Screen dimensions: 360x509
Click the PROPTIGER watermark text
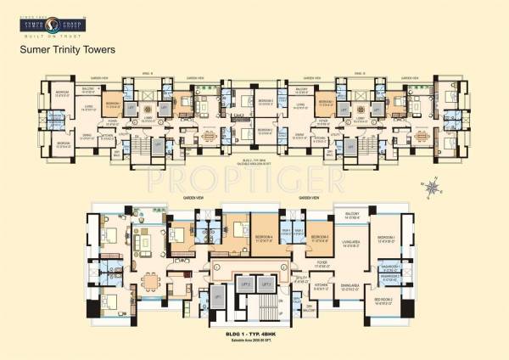(254, 180)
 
